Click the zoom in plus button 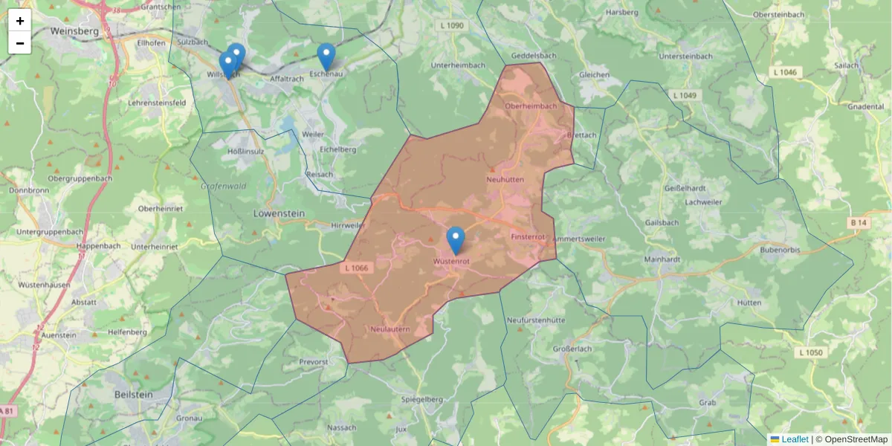tap(20, 21)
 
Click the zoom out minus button tap(20, 43)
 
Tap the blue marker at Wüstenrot tap(456, 240)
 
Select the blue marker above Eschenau tap(326, 56)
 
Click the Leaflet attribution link tap(795, 439)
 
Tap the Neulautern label tap(389, 328)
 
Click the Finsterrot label tap(529, 236)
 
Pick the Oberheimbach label tap(531, 106)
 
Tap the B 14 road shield tap(858, 222)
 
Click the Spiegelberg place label tap(421, 399)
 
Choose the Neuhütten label tap(505, 180)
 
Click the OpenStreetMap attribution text tap(856, 439)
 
